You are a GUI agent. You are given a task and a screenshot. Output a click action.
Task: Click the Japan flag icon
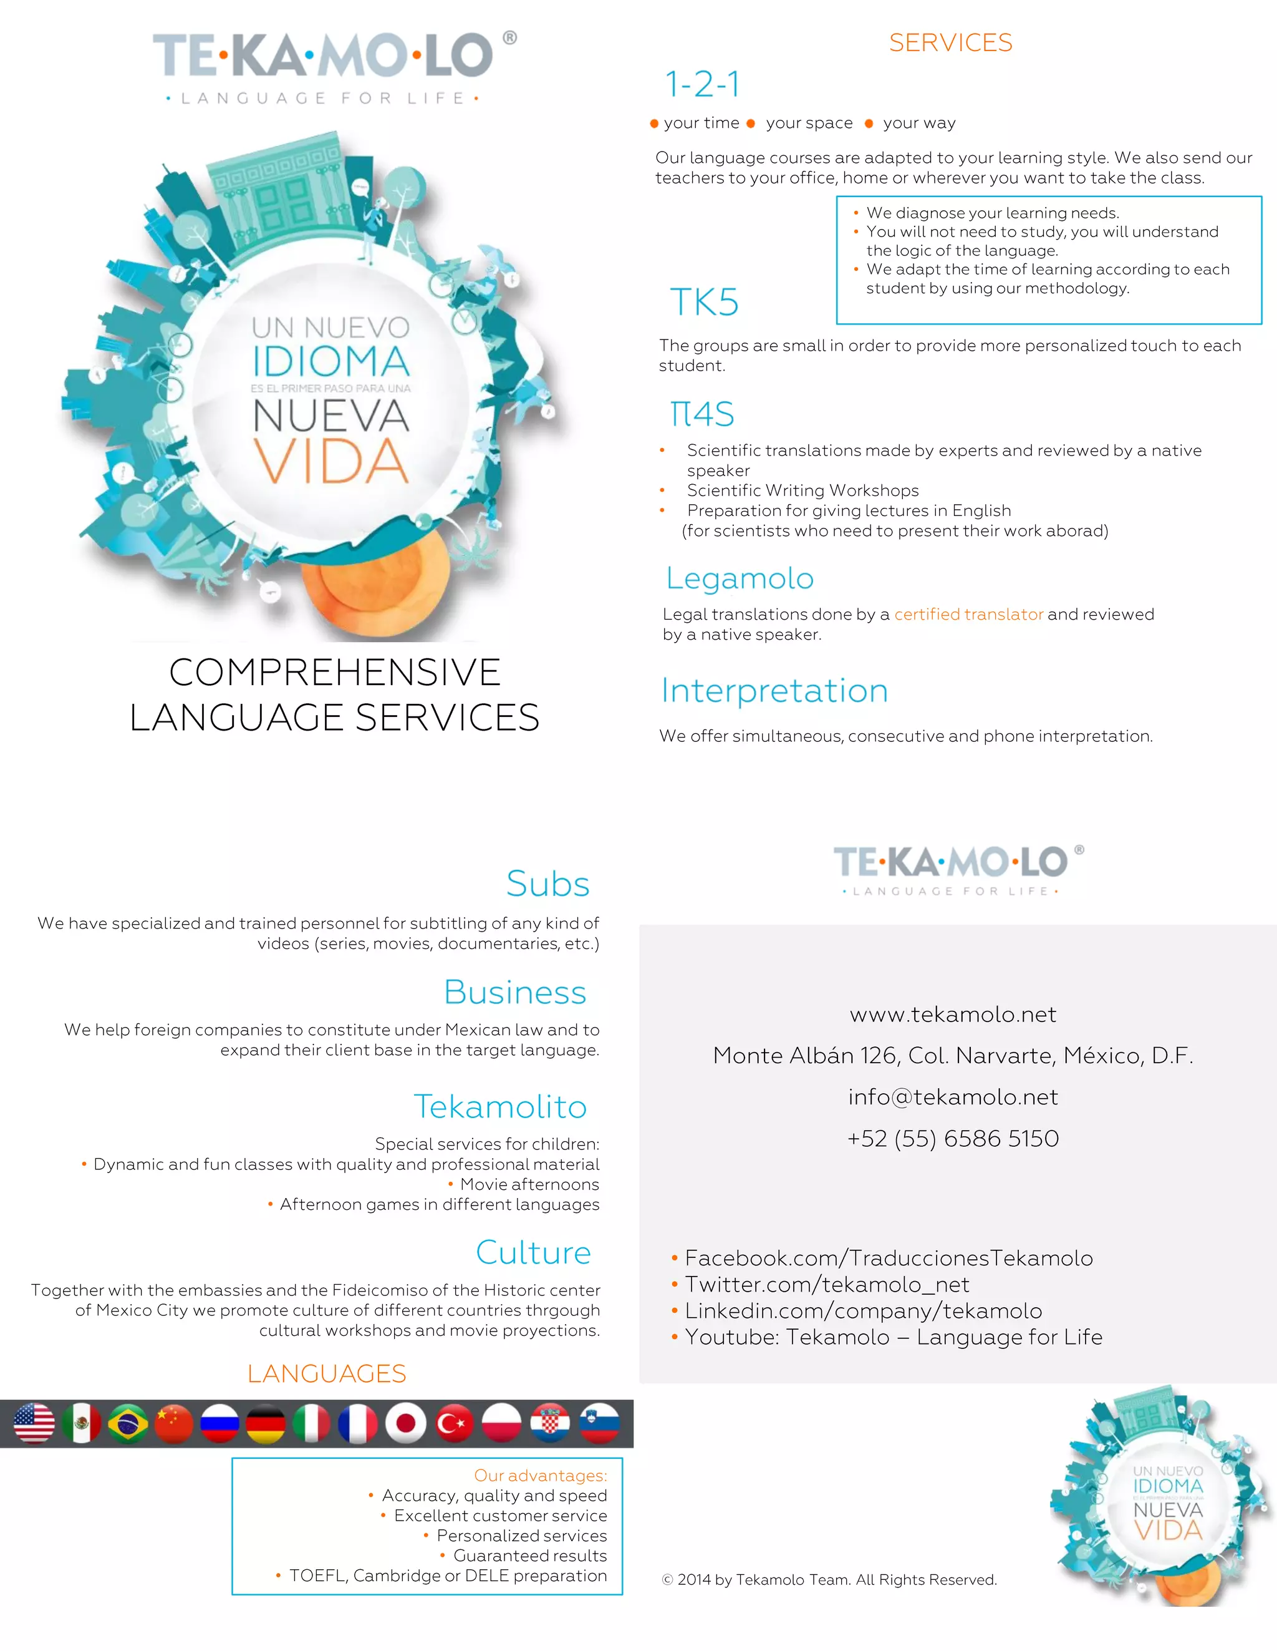click(406, 1423)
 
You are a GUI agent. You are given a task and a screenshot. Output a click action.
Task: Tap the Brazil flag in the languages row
click(128, 1423)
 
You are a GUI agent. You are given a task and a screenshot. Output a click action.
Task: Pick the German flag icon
click(266, 1423)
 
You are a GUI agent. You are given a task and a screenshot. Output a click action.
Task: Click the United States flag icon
click(35, 1423)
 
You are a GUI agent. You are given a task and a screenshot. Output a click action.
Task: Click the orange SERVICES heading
click(950, 43)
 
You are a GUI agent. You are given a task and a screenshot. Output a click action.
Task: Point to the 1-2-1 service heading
click(702, 84)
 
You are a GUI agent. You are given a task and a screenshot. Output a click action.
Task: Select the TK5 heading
click(704, 303)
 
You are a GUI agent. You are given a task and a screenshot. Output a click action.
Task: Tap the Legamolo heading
click(740, 578)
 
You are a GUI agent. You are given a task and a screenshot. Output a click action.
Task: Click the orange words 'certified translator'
click(968, 615)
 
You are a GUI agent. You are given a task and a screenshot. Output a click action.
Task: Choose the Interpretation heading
click(774, 691)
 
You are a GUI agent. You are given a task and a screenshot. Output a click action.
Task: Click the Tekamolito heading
click(500, 1107)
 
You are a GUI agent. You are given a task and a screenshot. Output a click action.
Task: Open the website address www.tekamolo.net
click(953, 1015)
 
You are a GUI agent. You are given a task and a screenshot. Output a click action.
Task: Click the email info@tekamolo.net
click(953, 1097)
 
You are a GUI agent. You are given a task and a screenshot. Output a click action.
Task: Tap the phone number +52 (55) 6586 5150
click(953, 1139)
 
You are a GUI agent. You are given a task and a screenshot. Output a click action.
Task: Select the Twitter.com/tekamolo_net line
click(827, 1284)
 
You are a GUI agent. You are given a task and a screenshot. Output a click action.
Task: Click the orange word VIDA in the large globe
click(331, 461)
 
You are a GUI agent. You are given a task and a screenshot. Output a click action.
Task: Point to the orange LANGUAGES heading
click(327, 1373)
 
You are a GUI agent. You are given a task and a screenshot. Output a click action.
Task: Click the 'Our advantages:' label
click(540, 1476)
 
